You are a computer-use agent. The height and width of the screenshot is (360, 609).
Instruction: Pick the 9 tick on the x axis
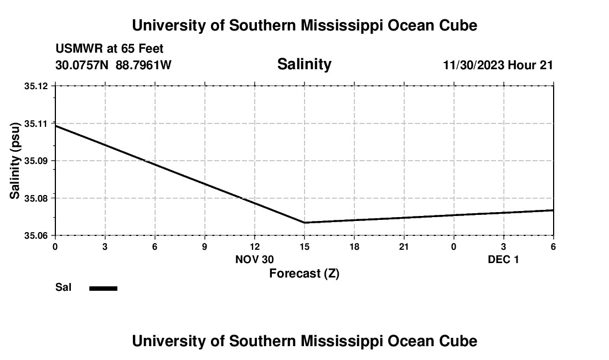[x=204, y=246]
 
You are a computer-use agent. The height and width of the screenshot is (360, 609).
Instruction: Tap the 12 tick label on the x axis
[x=254, y=246]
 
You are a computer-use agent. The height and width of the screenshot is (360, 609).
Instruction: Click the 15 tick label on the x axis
[x=304, y=246]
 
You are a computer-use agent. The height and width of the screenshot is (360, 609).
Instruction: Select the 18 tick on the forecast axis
[x=354, y=246]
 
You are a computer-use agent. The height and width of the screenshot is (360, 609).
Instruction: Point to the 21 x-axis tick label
[x=404, y=246]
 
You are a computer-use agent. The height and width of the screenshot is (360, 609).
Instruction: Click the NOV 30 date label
[x=255, y=259]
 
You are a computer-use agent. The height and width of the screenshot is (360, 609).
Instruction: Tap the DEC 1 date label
[x=503, y=259]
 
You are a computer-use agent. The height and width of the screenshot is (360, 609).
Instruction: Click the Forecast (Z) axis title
[x=304, y=273]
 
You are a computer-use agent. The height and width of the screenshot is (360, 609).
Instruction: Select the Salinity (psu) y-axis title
[x=16, y=161]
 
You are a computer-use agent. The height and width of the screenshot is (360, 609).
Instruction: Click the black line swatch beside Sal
[x=104, y=288]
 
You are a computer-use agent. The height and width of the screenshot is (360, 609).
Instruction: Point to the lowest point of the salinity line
[x=304, y=223]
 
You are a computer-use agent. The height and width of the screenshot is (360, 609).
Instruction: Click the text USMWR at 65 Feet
[x=110, y=49]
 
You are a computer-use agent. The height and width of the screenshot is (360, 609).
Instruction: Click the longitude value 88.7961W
[x=143, y=65]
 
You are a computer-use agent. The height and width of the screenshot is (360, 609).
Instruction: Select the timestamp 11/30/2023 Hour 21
[x=498, y=65]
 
